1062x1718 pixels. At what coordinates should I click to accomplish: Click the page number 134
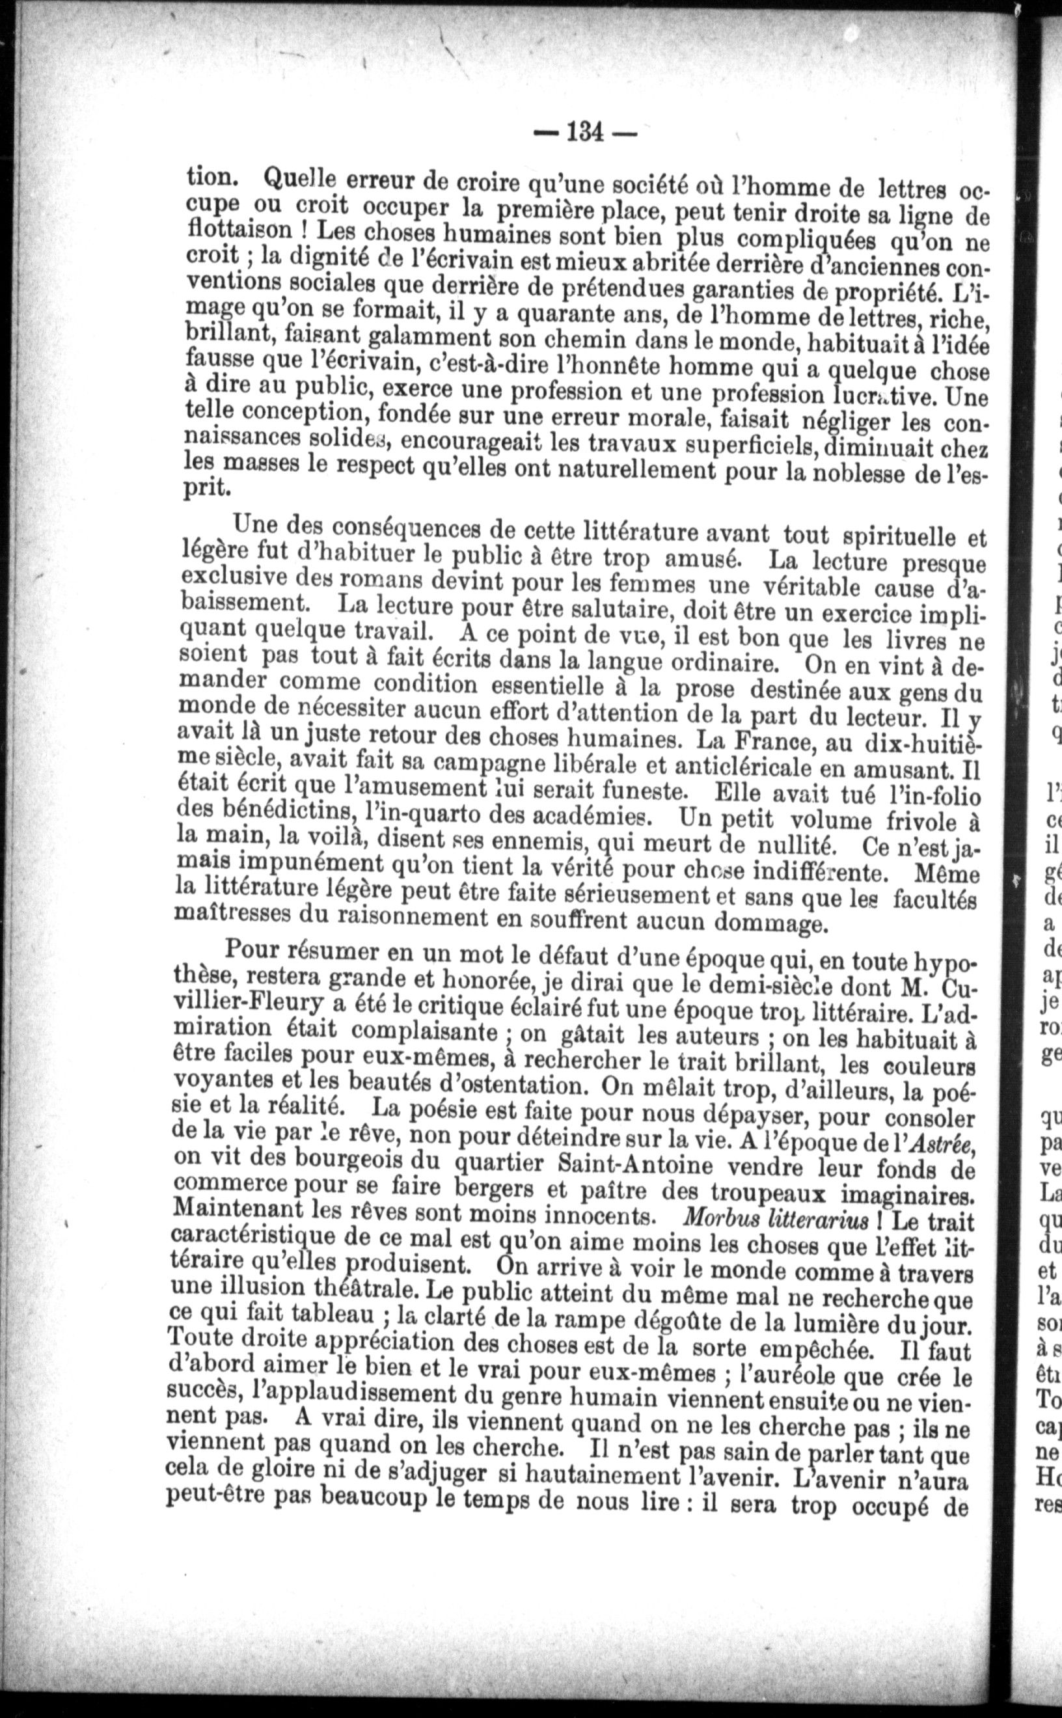coord(585,131)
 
